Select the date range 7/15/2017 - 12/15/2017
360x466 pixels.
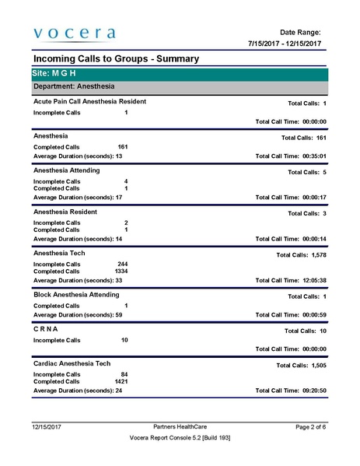[284, 44]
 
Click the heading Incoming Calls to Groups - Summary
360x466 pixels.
[116, 59]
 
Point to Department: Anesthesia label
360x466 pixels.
[74, 86]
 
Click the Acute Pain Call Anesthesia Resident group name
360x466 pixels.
[89, 102]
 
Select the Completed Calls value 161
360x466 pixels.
[122, 146]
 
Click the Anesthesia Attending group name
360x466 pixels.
[72, 170]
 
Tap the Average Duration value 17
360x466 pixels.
[119, 198]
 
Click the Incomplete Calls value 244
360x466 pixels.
[122, 265]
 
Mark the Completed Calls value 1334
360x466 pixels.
[121, 271]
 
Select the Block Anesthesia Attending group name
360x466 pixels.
[76, 295]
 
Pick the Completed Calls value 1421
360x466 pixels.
[121, 382]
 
